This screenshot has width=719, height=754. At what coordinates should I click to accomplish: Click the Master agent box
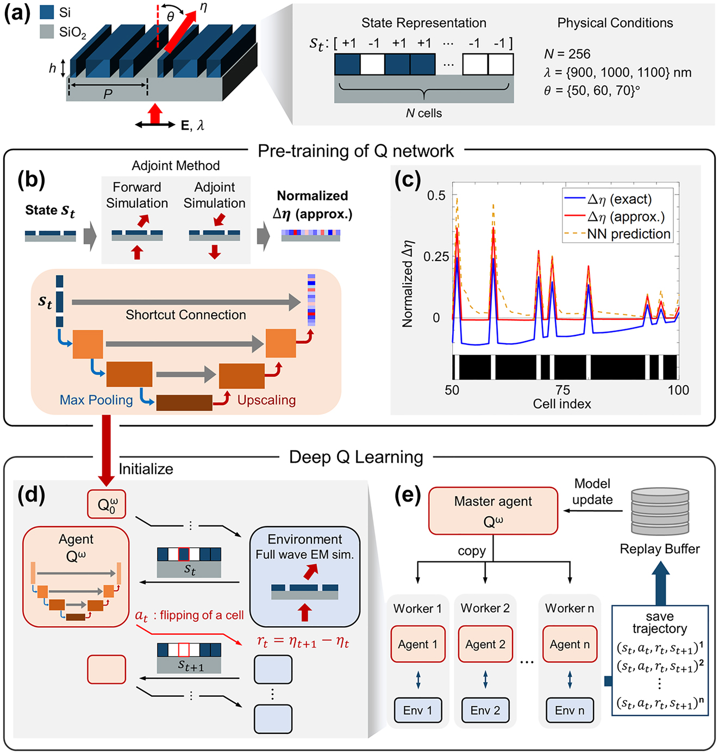pos(493,510)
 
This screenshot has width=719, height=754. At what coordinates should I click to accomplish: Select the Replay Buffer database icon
pos(660,511)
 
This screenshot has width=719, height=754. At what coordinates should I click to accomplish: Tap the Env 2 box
pos(485,710)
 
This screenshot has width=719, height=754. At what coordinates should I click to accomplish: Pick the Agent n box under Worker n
pos(570,644)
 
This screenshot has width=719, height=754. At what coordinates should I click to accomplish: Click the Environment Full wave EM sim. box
pos(305,576)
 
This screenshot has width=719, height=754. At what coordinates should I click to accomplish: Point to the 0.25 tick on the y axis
pos(436,256)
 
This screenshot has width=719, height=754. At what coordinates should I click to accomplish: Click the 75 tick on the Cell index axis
pos(562,390)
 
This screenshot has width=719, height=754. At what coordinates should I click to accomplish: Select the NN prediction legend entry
pos(628,234)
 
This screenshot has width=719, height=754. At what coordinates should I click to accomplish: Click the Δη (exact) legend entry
pos(619,199)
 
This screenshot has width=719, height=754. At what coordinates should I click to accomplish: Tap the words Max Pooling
pos(96,400)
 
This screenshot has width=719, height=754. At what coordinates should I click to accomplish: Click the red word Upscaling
pos(266,400)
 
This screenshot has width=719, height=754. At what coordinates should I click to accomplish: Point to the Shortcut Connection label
pos(186,315)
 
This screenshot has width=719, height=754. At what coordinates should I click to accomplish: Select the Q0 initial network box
pos(107,504)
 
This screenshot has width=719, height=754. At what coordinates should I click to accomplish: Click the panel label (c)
pos(408,180)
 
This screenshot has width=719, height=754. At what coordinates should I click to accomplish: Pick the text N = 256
pos(567,54)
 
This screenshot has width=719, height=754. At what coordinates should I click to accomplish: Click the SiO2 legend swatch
pos(47,32)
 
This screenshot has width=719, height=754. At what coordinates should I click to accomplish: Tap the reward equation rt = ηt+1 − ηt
pos(303,642)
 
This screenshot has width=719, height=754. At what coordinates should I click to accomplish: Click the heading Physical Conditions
pos(615,23)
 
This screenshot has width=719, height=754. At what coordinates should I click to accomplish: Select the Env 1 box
pos(418,710)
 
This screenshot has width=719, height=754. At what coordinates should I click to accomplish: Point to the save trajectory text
pos(660,622)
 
